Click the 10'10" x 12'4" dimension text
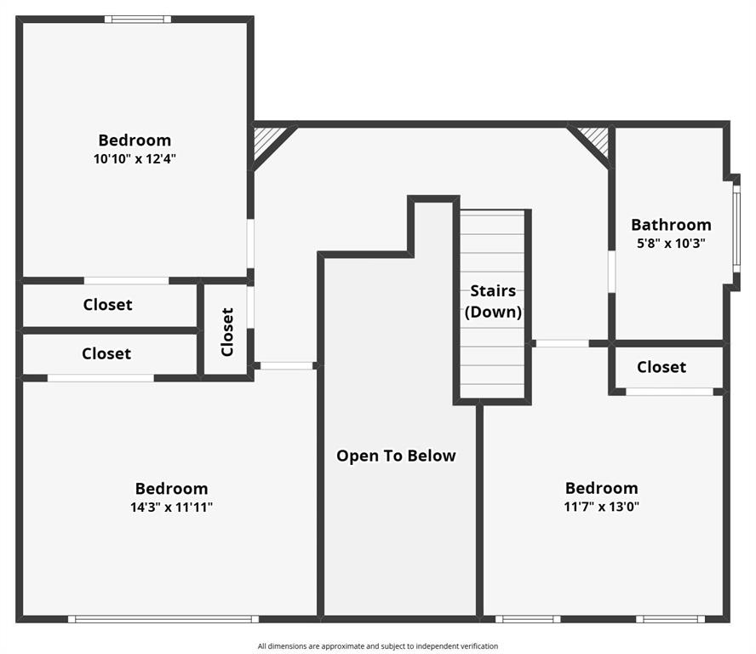coord(135,158)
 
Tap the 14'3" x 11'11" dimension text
coord(171,507)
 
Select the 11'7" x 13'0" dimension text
coord(601,506)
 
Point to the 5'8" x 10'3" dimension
coord(671,243)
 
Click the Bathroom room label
coord(671,225)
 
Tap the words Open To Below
coord(396,456)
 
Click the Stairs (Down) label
coord(493,301)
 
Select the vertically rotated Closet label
coord(227,331)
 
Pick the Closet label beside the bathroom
coord(661,367)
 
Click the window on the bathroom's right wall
coord(736,228)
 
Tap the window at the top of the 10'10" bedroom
coord(138,19)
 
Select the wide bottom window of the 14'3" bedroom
coord(163,619)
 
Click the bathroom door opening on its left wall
coord(611,272)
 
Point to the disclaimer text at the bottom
coord(378,646)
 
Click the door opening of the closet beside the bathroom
coord(669,392)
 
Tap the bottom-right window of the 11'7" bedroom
coord(670,619)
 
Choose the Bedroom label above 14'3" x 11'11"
coord(171,489)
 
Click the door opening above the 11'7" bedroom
coord(562,343)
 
